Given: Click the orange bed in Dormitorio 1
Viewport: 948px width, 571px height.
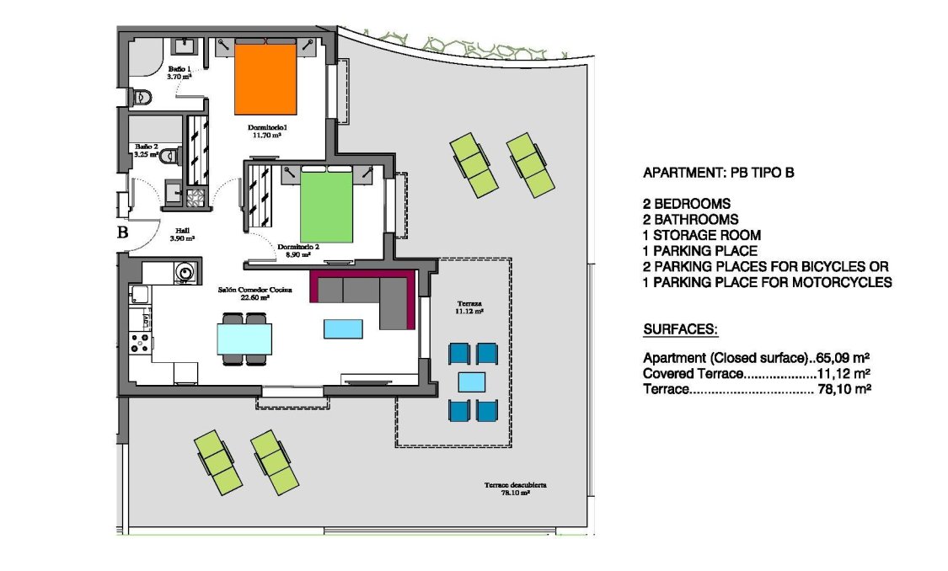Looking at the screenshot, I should (265, 79).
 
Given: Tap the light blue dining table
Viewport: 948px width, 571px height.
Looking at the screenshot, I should (244, 339).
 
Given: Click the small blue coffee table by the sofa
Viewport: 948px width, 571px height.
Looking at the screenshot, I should (343, 328).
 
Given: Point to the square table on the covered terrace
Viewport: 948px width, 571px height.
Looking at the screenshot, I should (472, 382).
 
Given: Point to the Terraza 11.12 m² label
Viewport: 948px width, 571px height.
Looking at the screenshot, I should (470, 307).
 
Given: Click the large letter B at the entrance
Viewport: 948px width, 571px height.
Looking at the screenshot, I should (122, 233).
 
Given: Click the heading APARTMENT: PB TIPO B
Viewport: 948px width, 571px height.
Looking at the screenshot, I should (718, 173).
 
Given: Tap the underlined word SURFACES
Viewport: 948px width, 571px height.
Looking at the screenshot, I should (680, 328).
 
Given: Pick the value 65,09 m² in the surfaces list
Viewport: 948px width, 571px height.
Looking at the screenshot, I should (843, 356).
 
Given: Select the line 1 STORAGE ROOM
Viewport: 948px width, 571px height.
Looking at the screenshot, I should (702, 235).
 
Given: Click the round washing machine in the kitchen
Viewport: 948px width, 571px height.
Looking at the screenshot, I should (185, 272).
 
